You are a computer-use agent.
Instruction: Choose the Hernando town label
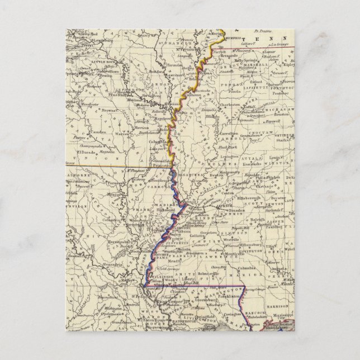coord(226,57)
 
